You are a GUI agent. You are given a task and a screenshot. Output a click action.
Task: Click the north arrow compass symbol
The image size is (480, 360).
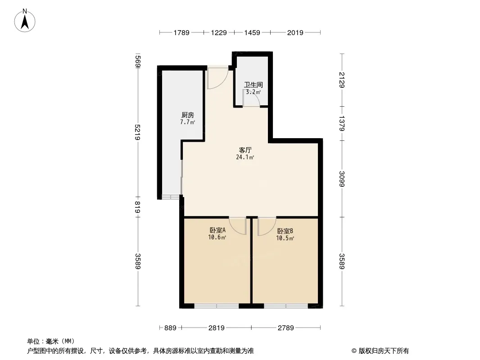tap(25, 21)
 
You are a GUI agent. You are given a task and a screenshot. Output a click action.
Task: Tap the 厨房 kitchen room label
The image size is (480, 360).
tap(188, 115)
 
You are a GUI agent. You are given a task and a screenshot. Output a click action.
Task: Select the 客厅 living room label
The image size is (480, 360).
tap(245, 150)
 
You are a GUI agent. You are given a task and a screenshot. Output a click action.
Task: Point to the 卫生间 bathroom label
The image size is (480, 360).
tap(254, 85)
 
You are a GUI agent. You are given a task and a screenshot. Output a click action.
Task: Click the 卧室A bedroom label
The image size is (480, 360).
tap(217, 230)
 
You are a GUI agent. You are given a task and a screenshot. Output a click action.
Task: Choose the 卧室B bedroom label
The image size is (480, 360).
tap(285, 231)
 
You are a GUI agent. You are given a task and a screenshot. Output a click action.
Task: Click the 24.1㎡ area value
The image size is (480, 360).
tap(245, 157)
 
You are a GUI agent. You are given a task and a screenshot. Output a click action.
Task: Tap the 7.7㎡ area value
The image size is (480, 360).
tap(188, 122)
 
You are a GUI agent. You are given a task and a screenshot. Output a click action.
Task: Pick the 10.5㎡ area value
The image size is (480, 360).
tap(285, 238)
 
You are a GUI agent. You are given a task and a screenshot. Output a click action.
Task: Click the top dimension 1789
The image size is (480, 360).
tap(181, 32)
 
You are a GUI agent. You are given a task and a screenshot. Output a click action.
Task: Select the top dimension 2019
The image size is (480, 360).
tap(295, 32)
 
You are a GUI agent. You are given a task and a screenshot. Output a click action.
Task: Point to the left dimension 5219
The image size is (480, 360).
tap(138, 132)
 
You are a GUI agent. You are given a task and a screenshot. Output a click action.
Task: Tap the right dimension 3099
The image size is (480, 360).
tap(342, 179)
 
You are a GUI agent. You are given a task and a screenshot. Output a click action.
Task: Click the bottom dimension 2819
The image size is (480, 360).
tap(217, 328)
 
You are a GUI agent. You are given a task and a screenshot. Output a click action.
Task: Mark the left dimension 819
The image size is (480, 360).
tap(138, 207)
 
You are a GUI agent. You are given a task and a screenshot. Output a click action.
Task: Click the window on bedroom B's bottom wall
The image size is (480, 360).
tap(286, 306)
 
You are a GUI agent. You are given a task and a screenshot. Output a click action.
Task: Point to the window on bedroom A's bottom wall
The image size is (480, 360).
tap(217, 306)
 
